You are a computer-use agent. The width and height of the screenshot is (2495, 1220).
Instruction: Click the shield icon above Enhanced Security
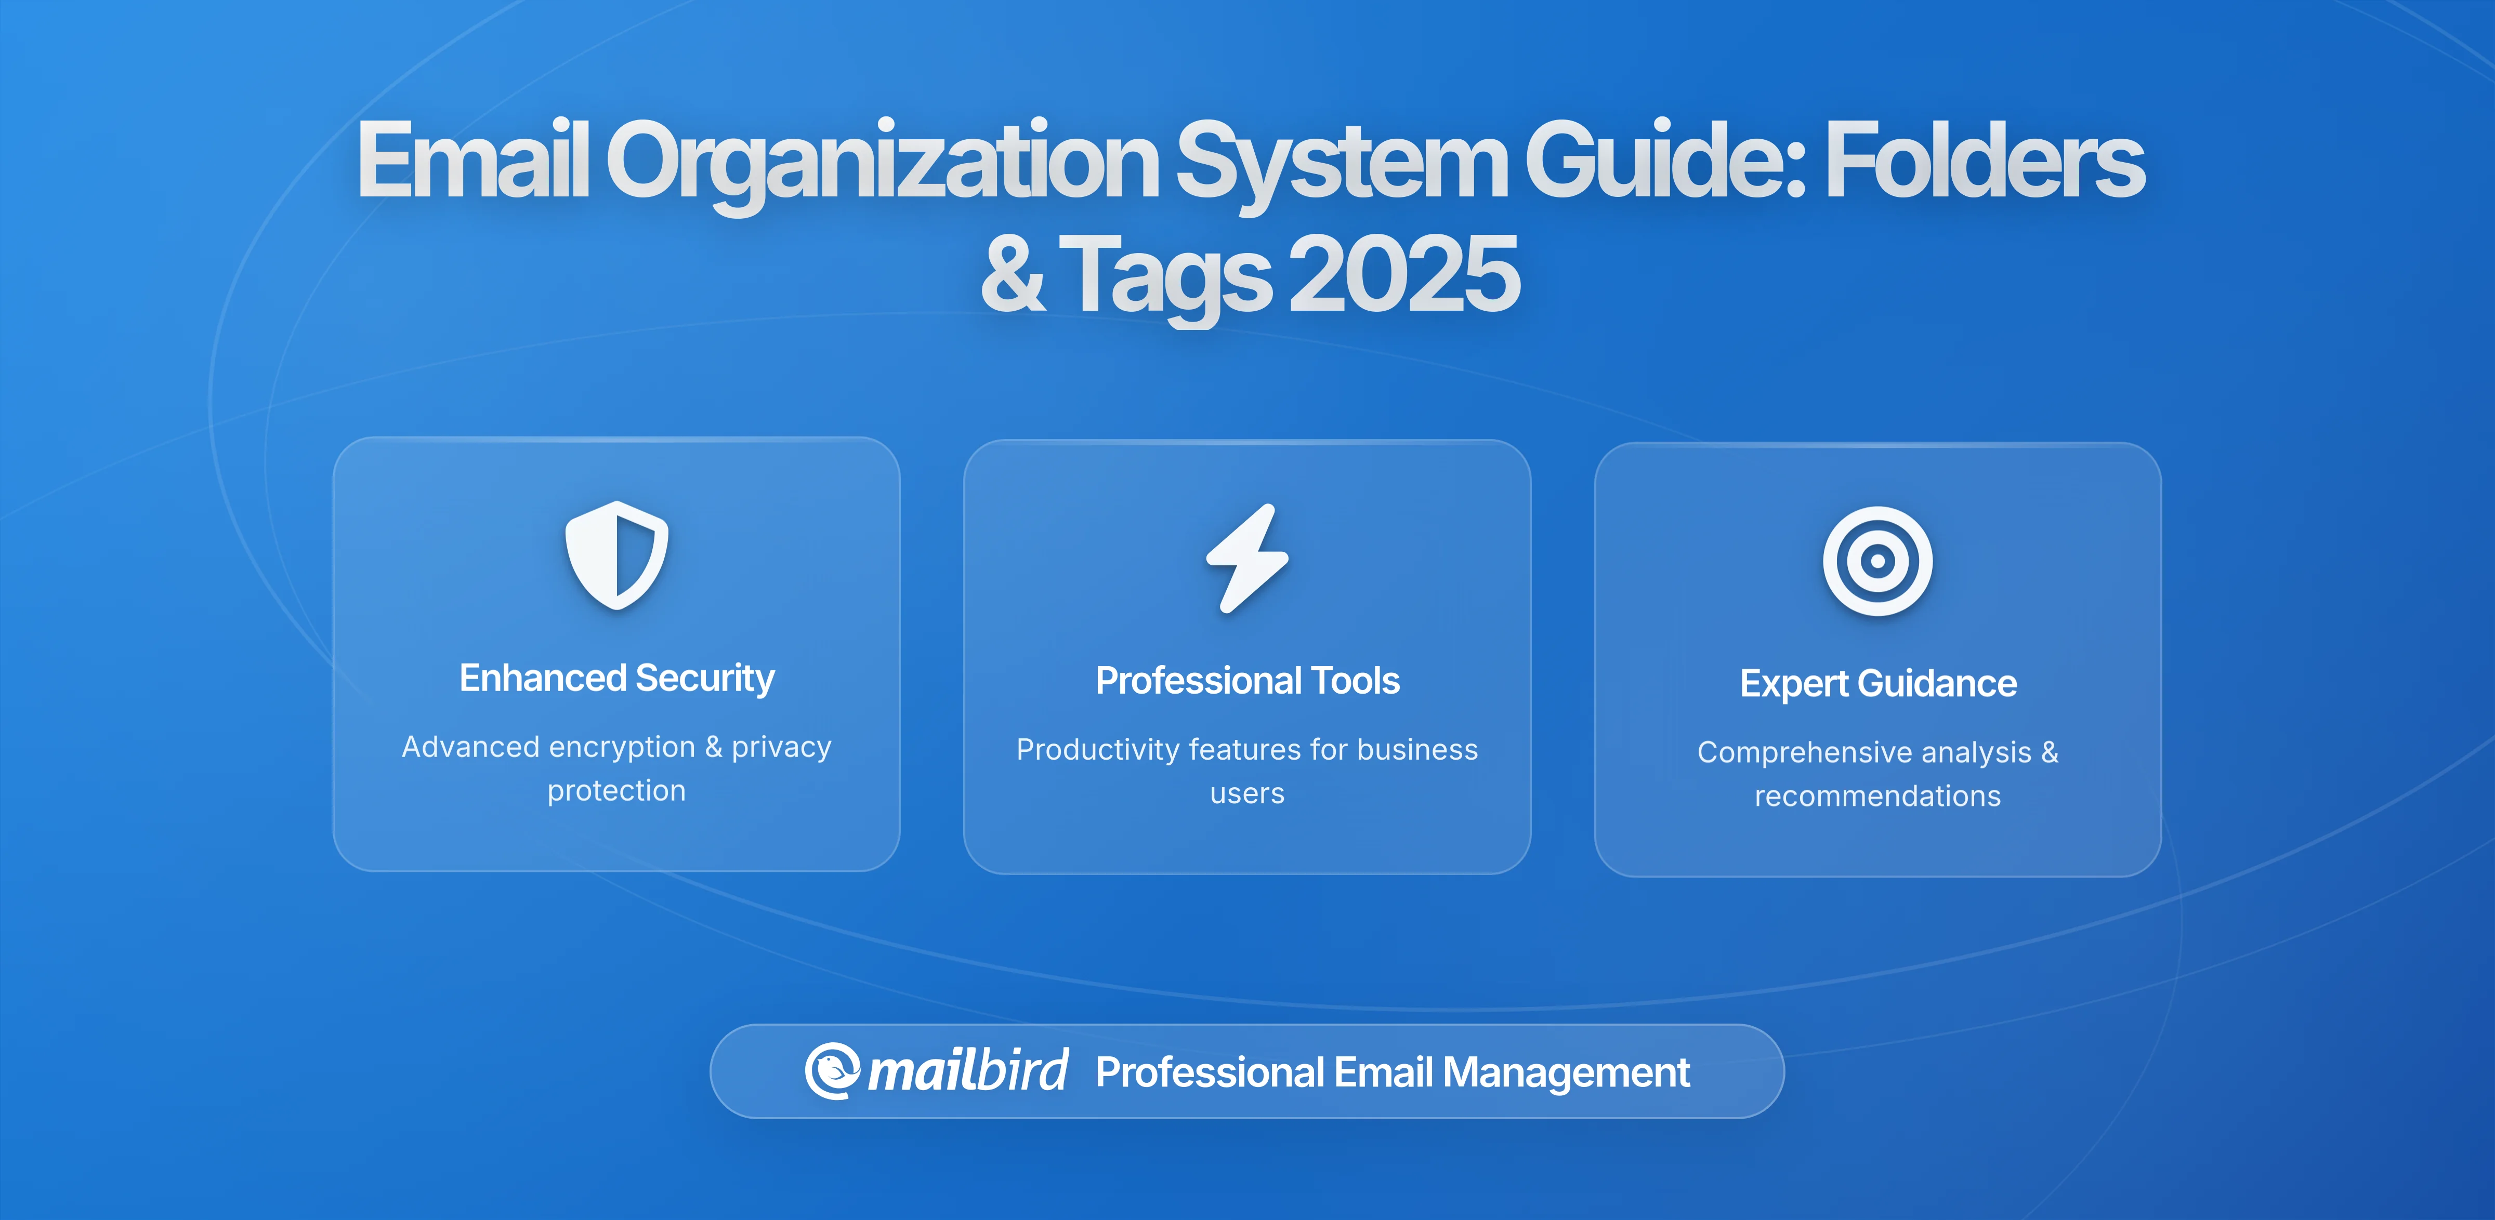click(x=617, y=555)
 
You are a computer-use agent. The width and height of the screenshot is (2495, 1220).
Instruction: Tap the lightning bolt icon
click(x=1247, y=559)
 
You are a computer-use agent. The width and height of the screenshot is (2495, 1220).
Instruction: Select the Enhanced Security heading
click(x=617, y=678)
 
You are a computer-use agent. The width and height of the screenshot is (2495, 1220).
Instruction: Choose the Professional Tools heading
click(x=1247, y=681)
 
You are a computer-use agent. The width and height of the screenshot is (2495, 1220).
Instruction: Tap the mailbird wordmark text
click(x=968, y=1071)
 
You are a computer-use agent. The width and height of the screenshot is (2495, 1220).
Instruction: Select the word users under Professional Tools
click(x=1247, y=794)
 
